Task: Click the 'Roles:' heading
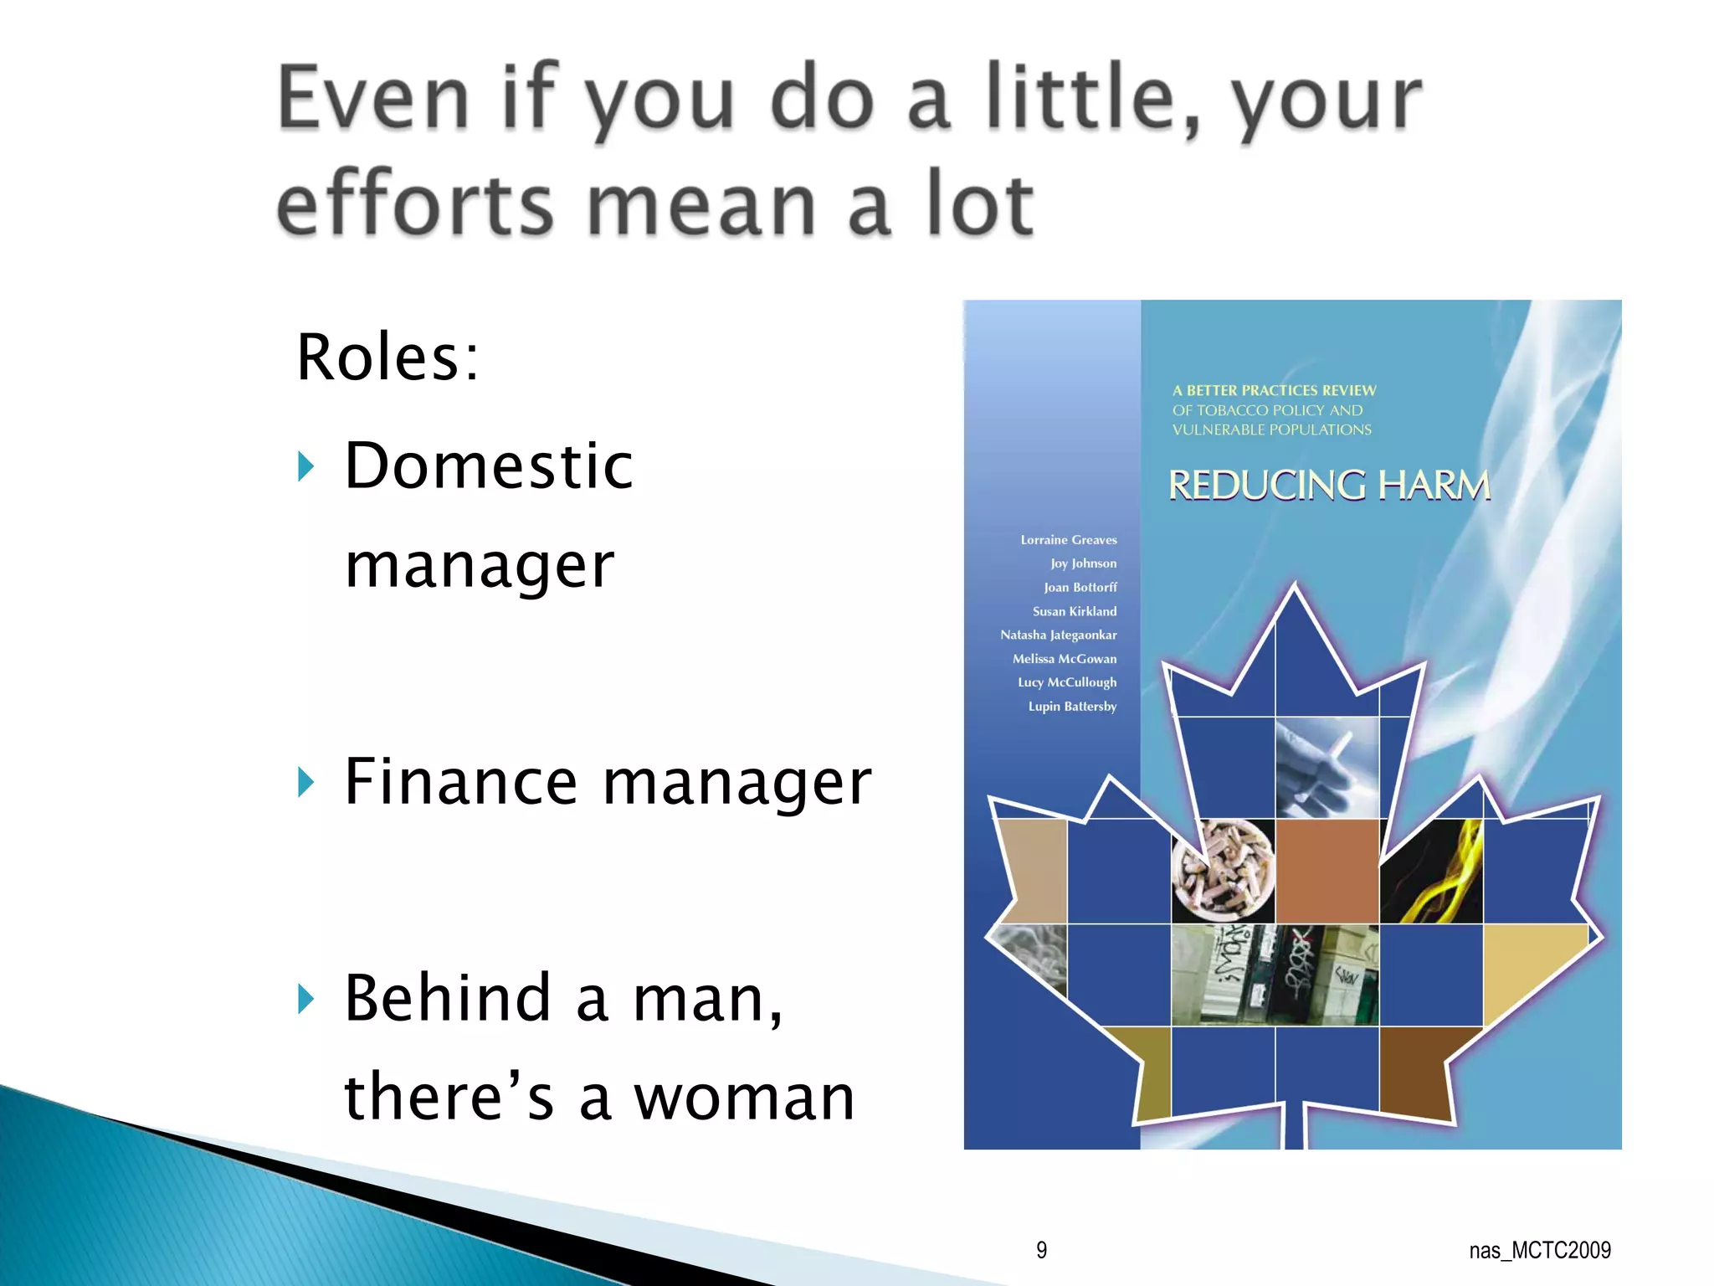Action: click(x=387, y=358)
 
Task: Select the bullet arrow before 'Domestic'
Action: click(x=306, y=466)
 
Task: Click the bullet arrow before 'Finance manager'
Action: click(x=306, y=782)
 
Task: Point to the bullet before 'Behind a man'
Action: click(x=306, y=998)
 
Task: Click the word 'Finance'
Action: click(x=461, y=782)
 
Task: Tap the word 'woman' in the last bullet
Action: click(x=744, y=1098)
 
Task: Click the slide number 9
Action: click(x=1041, y=1250)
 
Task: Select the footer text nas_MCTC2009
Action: click(x=1539, y=1250)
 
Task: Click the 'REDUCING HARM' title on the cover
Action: click(x=1329, y=486)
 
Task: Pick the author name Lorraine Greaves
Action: click(x=1068, y=540)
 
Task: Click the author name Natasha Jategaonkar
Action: click(x=1058, y=635)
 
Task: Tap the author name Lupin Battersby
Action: click(x=1072, y=707)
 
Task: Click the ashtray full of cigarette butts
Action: click(x=1224, y=871)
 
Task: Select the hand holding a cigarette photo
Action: click(x=1327, y=768)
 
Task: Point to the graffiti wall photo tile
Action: click(x=1274, y=975)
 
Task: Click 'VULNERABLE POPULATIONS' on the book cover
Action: click(x=1271, y=430)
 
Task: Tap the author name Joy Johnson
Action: click(x=1083, y=563)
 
